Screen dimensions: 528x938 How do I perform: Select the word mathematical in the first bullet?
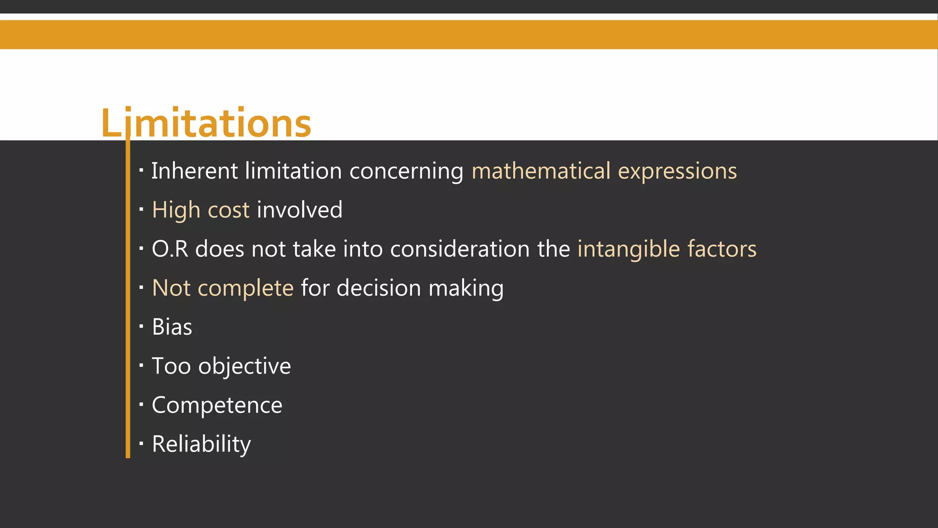(x=541, y=171)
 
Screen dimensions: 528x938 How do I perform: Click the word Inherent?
(x=194, y=171)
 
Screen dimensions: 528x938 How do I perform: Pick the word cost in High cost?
(x=229, y=210)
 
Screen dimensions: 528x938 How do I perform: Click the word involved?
(x=300, y=210)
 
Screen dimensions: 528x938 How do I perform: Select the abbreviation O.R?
(x=170, y=249)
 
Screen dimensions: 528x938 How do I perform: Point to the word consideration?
(x=460, y=249)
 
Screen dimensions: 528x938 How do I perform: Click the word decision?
(x=378, y=288)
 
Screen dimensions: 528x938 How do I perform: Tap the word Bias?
(x=172, y=327)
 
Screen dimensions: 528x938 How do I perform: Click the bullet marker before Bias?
(x=142, y=326)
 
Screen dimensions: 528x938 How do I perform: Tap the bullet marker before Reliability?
(x=142, y=443)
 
